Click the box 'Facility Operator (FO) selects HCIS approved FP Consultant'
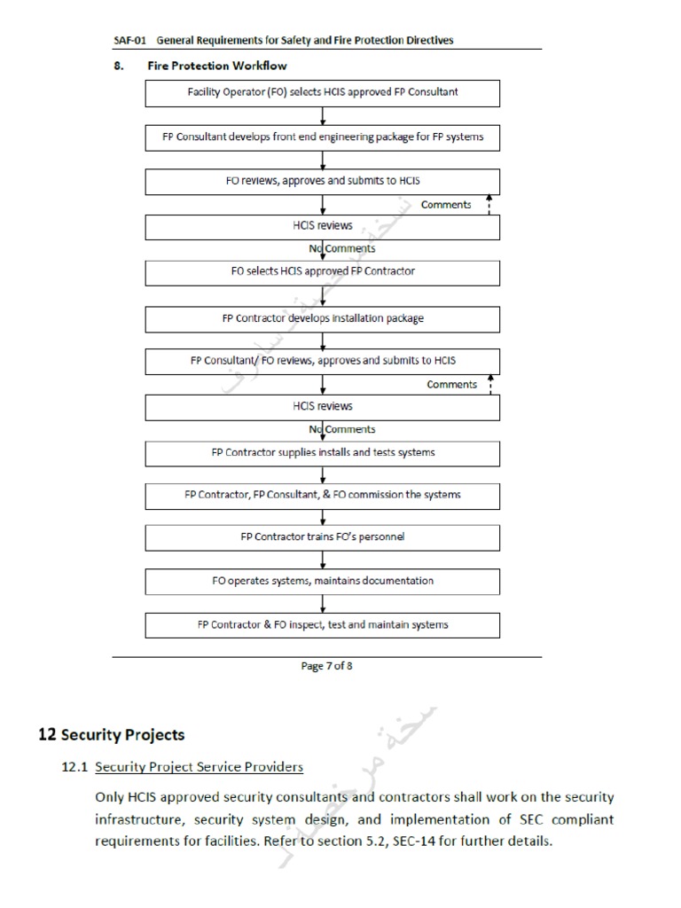(x=323, y=92)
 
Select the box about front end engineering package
(x=323, y=137)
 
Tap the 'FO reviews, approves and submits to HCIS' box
(x=323, y=181)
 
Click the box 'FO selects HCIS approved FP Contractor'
(x=323, y=271)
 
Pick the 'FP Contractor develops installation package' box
(x=323, y=317)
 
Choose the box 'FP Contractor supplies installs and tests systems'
(x=323, y=452)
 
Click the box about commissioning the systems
(x=323, y=495)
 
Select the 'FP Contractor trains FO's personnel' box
(x=323, y=537)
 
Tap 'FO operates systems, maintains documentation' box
(x=323, y=581)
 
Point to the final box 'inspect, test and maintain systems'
(x=323, y=624)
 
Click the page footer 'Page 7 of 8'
(x=326, y=667)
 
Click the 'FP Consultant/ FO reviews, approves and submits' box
(x=323, y=361)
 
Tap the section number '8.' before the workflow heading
(x=118, y=66)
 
